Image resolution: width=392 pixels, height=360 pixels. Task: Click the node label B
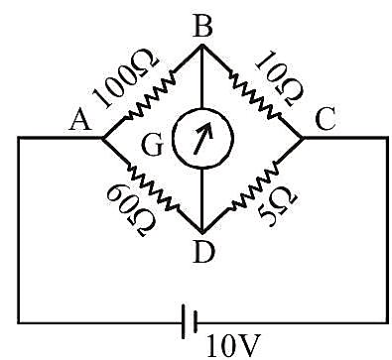[202, 26]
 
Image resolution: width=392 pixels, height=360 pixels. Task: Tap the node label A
[80, 120]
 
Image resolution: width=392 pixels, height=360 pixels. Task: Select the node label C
[327, 119]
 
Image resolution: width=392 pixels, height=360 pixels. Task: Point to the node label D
[203, 252]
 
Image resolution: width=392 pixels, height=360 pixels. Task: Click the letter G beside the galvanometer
[153, 145]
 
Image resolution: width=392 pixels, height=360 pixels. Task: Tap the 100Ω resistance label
[125, 78]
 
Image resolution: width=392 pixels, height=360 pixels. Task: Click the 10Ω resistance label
[280, 78]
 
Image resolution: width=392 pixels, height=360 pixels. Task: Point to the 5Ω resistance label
[278, 206]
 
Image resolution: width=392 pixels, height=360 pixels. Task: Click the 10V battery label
[233, 346]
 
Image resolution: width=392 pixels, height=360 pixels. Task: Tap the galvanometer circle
[202, 138]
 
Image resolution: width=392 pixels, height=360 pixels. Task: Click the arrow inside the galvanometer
[202, 139]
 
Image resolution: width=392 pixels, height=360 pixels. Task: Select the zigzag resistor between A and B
[151, 96]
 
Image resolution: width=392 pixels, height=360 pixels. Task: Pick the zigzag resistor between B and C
[255, 96]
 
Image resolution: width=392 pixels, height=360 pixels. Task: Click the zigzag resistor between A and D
[153, 186]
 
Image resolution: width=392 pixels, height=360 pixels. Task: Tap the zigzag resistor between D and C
[255, 185]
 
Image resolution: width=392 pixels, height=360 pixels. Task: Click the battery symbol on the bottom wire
[189, 322]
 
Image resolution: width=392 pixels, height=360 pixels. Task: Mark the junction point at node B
[202, 46]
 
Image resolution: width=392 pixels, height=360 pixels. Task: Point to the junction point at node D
[202, 231]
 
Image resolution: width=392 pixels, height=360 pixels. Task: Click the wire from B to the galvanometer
[202, 76]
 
